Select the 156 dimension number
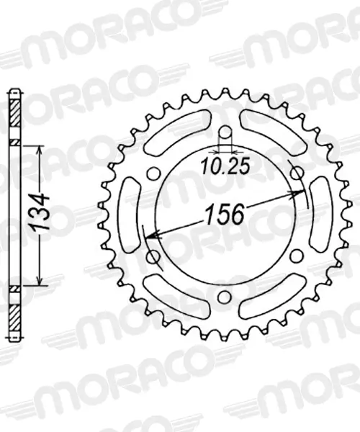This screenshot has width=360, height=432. [x=225, y=214]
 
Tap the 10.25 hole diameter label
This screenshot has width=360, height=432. [x=225, y=166]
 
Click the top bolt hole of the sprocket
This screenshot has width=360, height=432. [x=225, y=132]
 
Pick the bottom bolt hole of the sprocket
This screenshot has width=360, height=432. [x=225, y=297]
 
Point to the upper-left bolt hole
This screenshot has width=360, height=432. [x=153, y=174]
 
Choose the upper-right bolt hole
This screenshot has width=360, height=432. [x=297, y=174]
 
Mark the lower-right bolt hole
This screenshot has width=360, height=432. [x=297, y=256]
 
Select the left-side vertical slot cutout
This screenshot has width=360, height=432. [x=128, y=215]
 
